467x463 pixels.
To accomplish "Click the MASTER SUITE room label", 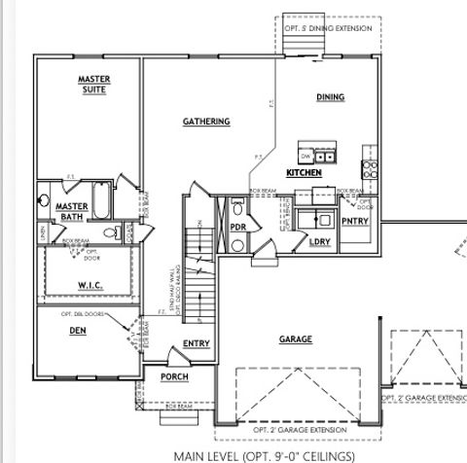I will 93,84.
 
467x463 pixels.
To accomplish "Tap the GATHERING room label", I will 206,122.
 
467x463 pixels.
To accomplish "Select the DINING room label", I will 331,97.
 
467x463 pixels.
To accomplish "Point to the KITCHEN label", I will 304,172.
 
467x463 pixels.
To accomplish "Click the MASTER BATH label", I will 72,212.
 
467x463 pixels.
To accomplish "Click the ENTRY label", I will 197,343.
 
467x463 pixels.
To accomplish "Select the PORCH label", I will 174,376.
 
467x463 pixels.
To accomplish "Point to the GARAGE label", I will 296,339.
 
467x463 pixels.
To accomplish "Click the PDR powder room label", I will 237,228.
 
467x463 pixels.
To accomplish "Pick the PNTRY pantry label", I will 356,221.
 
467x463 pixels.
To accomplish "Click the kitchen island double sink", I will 325,155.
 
